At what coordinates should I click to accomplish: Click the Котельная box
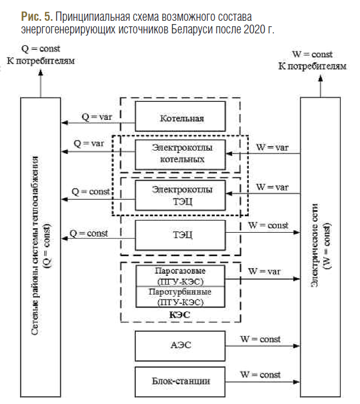[x=180, y=116]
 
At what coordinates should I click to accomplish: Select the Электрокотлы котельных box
[x=180, y=154]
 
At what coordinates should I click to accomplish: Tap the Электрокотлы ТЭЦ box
[x=180, y=195]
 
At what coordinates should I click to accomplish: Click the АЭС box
[x=180, y=346]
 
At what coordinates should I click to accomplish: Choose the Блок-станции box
[x=180, y=382]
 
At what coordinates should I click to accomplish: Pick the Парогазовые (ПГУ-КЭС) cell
[x=180, y=276]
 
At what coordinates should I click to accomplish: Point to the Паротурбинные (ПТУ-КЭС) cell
[x=180, y=297]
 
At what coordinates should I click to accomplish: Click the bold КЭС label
[x=180, y=315]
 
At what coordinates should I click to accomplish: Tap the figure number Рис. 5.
[x=37, y=17]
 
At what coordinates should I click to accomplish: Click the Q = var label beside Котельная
[x=97, y=117]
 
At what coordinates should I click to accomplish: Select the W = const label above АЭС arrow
[x=260, y=339]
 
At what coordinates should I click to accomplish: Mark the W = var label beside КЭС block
[x=264, y=272]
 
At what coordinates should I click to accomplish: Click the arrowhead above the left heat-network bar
[x=41, y=72]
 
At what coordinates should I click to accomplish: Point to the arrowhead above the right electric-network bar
[x=321, y=78]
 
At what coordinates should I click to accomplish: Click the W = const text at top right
[x=312, y=54]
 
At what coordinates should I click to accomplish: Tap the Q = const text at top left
[x=41, y=49]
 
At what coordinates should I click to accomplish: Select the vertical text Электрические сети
[x=315, y=245]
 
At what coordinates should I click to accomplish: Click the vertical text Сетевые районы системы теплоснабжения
[x=35, y=245]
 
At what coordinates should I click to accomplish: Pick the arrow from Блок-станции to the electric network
[x=263, y=382]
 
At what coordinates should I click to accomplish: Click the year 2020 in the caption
[x=253, y=29]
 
